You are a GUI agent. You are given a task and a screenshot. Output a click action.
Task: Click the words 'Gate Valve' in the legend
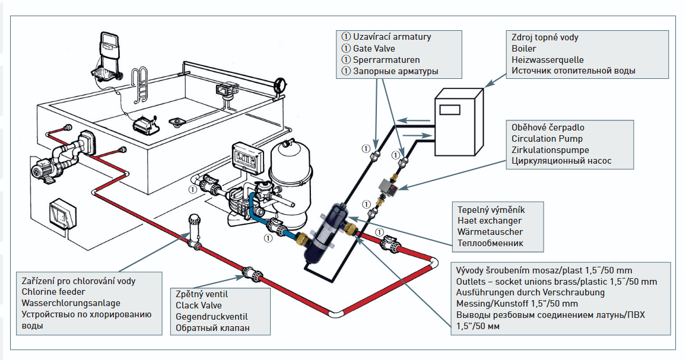(374, 49)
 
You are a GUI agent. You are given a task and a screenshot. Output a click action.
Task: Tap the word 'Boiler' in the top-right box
(524, 49)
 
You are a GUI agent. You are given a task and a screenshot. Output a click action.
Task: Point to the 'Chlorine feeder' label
(53, 291)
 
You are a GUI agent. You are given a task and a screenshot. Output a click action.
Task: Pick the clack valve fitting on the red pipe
(249, 274)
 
